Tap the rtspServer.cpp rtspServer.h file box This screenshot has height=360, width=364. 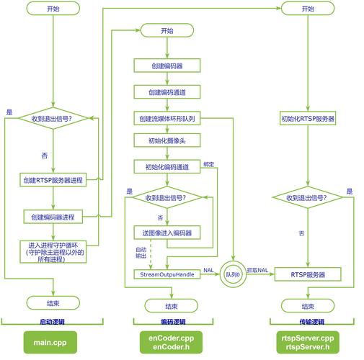308,342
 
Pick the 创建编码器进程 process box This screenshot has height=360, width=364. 53,217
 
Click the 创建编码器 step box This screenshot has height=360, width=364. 167,66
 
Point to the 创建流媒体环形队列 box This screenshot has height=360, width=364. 167,118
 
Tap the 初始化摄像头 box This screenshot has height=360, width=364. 167,141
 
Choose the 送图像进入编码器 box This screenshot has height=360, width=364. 167,233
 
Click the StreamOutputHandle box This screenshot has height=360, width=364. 167,274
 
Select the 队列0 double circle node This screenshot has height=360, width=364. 233,275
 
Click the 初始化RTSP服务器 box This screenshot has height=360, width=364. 308,118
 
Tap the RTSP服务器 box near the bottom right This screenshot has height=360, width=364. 308,274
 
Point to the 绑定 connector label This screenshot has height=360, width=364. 209,164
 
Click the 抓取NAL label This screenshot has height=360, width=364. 258,269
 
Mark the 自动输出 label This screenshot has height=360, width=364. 141,253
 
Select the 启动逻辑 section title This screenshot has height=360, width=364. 53,322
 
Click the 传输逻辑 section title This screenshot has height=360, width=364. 308,322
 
